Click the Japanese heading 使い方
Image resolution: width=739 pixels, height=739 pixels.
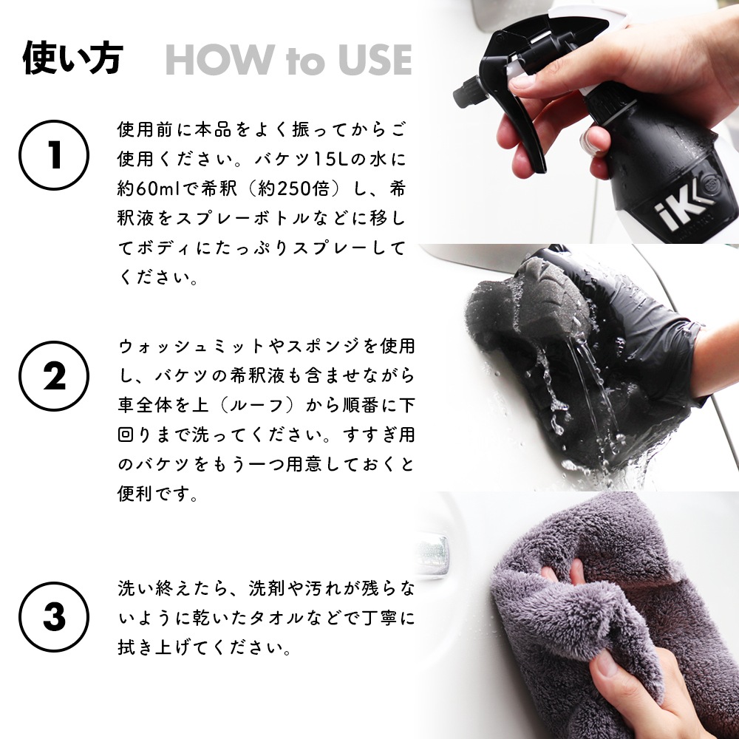73,58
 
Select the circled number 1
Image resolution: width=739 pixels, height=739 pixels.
54,155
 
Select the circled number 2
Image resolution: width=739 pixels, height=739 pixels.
54,376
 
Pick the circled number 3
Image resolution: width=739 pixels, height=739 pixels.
54,617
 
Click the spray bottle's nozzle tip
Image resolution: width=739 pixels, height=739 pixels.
463,92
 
